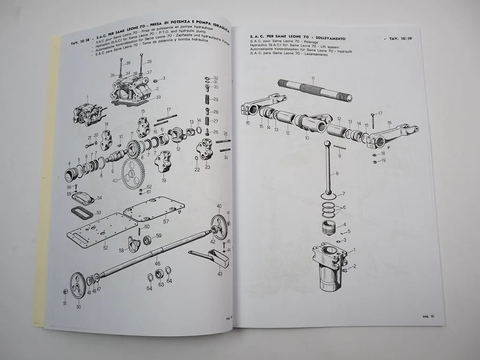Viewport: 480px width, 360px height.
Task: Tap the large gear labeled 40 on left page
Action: click(132, 173)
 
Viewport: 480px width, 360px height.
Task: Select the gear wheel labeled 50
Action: click(78, 285)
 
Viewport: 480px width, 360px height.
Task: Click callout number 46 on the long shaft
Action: click(157, 264)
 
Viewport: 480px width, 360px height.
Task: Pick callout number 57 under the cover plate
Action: click(166, 221)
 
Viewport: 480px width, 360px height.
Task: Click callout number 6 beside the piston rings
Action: click(345, 207)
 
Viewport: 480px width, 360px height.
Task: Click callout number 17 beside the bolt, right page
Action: click(380, 113)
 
